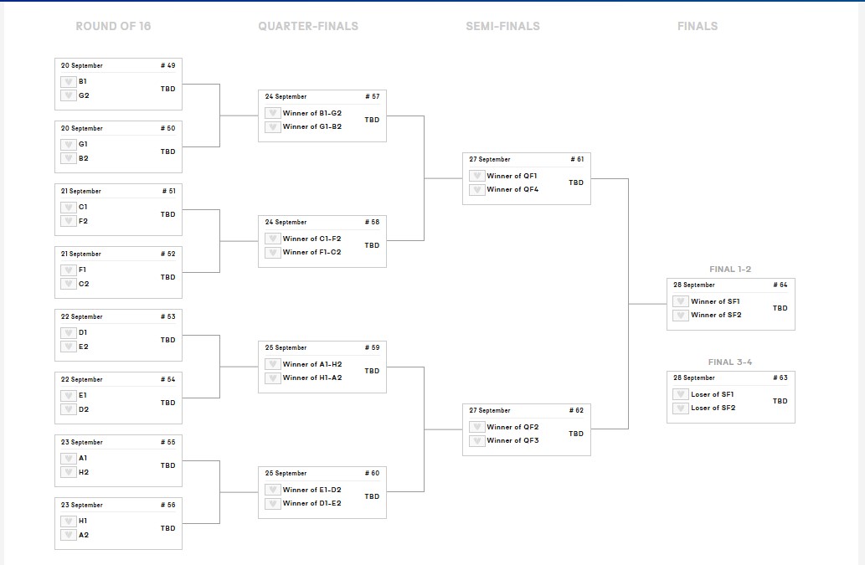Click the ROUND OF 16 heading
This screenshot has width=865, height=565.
(x=113, y=26)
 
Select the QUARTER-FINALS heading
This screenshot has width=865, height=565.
(x=308, y=26)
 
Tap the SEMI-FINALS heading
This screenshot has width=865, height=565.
(x=502, y=26)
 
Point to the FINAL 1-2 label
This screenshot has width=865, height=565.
(x=730, y=270)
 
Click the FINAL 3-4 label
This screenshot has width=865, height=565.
(x=730, y=362)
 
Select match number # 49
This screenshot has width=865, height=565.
(x=167, y=65)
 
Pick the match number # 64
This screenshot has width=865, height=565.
(x=780, y=285)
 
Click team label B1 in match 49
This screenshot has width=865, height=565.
(x=83, y=82)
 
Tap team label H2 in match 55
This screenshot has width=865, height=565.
(x=84, y=472)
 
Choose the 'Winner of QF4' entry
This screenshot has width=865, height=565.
(x=512, y=189)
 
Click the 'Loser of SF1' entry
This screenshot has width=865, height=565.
(x=713, y=394)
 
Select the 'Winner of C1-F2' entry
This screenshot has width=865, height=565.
(x=312, y=239)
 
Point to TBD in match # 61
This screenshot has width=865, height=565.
(x=576, y=182)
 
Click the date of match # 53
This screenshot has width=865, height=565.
(x=81, y=316)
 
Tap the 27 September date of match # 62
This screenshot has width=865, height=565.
(x=489, y=410)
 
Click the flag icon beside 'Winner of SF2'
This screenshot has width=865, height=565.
(x=681, y=316)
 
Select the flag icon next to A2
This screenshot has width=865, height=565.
(x=68, y=535)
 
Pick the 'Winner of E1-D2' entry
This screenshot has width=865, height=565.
(x=312, y=490)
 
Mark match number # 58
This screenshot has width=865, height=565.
(x=372, y=222)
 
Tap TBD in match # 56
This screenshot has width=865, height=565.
(x=168, y=528)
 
